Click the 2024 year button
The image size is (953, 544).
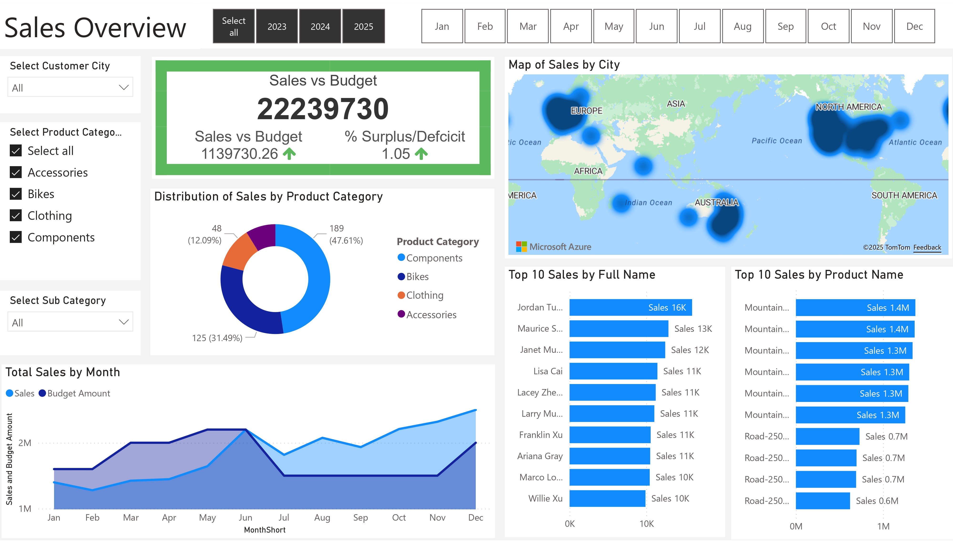point(320,26)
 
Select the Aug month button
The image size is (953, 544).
point(742,26)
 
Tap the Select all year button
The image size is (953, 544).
point(234,26)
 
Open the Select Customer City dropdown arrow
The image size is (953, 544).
point(124,87)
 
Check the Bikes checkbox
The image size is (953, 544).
point(16,194)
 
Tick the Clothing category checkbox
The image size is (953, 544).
point(16,216)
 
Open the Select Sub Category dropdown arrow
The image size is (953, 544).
point(124,322)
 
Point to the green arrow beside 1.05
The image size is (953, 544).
point(421,154)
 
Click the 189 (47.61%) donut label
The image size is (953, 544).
point(346,234)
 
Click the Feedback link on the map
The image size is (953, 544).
point(927,247)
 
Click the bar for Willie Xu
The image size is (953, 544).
point(607,498)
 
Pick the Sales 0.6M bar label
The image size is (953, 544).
point(877,501)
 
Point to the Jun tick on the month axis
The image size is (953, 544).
point(245,518)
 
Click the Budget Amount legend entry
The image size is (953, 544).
point(78,393)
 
